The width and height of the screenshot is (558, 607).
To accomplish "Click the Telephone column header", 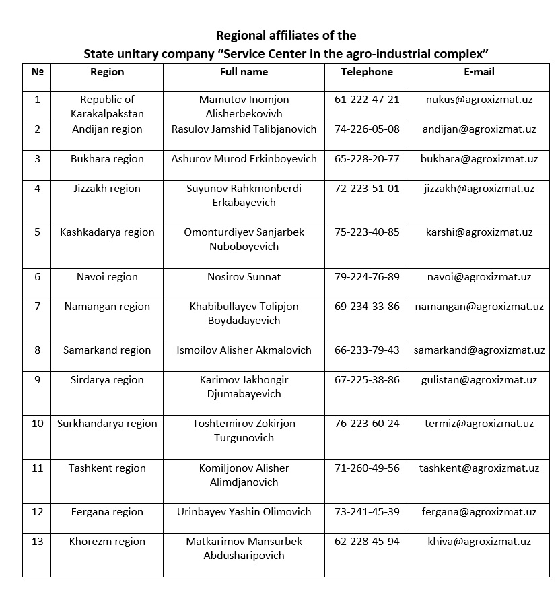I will (x=366, y=72).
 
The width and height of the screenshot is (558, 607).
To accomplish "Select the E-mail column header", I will (x=479, y=72).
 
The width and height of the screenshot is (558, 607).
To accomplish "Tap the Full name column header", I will (x=244, y=72).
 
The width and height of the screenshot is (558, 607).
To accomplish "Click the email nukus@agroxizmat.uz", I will (x=479, y=100).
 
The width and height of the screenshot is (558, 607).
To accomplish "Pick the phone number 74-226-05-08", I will (x=366, y=129).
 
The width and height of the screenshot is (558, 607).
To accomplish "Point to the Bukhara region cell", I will (x=107, y=159).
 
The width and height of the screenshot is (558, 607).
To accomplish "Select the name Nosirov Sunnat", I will (x=244, y=277).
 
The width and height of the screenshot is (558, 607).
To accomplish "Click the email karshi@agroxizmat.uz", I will (x=479, y=232).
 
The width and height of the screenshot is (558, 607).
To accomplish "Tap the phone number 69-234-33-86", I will (x=366, y=307).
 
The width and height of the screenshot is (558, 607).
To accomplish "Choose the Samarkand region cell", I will (x=107, y=350).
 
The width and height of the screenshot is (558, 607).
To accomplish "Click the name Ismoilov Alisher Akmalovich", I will (x=244, y=350).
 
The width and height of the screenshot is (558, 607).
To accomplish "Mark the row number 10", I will (x=37, y=424).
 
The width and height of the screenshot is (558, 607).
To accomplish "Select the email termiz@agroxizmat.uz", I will (x=479, y=424).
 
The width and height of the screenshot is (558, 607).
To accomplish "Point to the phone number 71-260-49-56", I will (x=366, y=468).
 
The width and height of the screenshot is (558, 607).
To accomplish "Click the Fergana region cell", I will (x=107, y=512).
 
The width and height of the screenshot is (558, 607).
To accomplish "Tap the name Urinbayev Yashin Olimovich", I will (x=244, y=512).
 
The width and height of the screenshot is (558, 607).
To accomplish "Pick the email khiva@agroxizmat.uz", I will (x=479, y=542).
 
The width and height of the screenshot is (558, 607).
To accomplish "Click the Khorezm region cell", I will (x=107, y=542).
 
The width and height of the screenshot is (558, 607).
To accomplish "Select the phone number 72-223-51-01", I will (x=366, y=189).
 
